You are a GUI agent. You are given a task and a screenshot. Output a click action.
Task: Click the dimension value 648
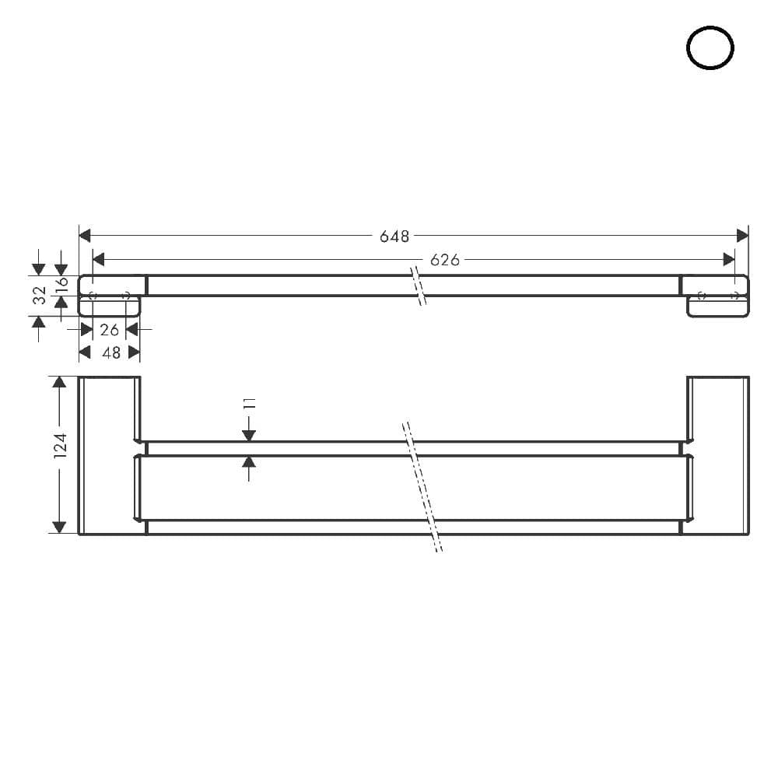click(x=394, y=237)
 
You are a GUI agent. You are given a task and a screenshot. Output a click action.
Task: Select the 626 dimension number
click(x=444, y=260)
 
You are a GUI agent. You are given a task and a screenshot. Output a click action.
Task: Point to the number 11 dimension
click(x=250, y=403)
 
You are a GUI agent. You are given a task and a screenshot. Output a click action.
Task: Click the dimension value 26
click(x=110, y=330)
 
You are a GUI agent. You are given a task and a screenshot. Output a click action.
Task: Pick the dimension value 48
click(x=111, y=352)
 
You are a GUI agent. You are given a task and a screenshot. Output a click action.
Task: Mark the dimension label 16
click(x=62, y=284)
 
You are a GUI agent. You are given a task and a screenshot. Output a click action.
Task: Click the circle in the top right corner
click(x=710, y=48)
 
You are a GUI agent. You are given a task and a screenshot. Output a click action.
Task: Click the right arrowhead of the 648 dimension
click(x=742, y=236)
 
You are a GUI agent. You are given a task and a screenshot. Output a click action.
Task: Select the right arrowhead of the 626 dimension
click(x=729, y=259)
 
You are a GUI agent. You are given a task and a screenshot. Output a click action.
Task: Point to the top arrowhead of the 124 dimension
click(x=58, y=382)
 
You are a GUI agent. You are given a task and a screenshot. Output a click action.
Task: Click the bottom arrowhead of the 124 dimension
click(x=58, y=528)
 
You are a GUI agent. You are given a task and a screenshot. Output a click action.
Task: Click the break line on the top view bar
click(x=418, y=286)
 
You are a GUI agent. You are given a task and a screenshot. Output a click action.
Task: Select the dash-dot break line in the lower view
click(x=422, y=487)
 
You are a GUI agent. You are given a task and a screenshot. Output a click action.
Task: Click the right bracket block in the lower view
click(x=717, y=455)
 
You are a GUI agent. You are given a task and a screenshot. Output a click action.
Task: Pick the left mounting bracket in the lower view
click(x=109, y=455)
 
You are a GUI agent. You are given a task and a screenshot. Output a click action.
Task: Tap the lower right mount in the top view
click(x=717, y=307)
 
